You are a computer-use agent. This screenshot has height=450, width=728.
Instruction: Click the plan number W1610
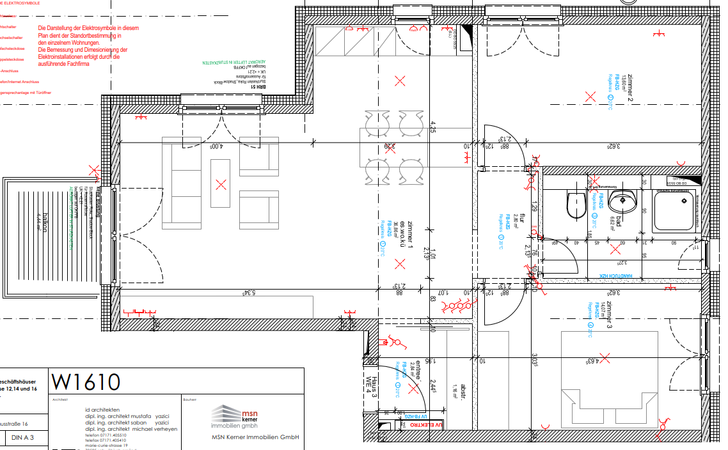click(x=86, y=382)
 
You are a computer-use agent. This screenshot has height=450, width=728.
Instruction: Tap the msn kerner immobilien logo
click(x=235, y=417)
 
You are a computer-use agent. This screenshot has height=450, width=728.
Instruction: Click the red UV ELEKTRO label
click(x=426, y=424)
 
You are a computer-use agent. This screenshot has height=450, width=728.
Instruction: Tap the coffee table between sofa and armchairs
click(x=221, y=184)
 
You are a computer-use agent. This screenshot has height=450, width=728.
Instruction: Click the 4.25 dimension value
click(x=433, y=126)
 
